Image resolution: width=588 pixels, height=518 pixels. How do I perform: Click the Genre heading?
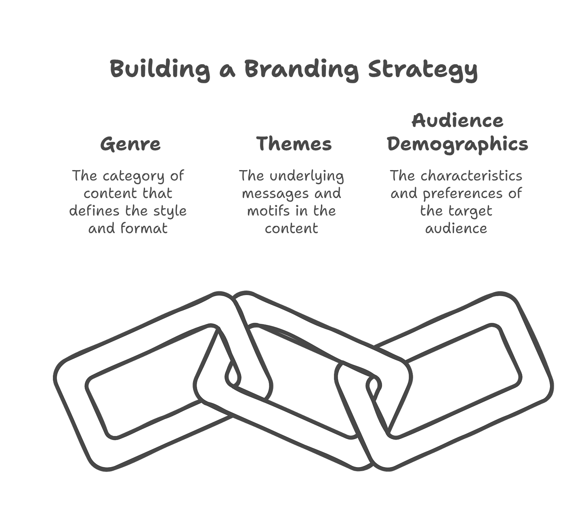(130, 144)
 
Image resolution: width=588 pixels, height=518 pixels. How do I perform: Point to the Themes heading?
(294, 144)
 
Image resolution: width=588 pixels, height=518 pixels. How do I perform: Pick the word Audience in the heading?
(458, 121)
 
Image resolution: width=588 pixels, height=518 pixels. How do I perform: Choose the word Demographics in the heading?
(458, 144)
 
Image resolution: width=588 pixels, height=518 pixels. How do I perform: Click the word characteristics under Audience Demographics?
(471, 176)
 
